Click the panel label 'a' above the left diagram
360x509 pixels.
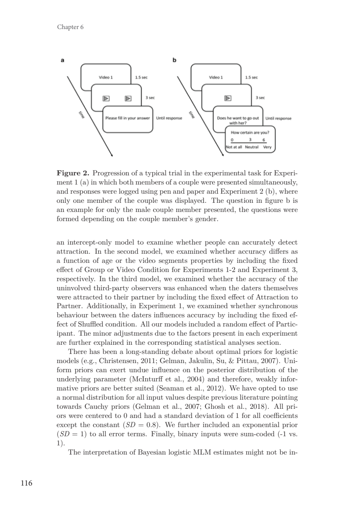pos(62,60)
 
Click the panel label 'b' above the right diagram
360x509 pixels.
pos(174,60)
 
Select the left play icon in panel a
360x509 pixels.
pos(106,97)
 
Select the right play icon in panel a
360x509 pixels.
pos(128,97)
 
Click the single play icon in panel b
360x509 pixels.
pos(228,97)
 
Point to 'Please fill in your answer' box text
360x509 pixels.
pos(127,118)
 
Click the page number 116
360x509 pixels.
pos(27,484)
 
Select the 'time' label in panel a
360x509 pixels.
pos(82,115)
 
